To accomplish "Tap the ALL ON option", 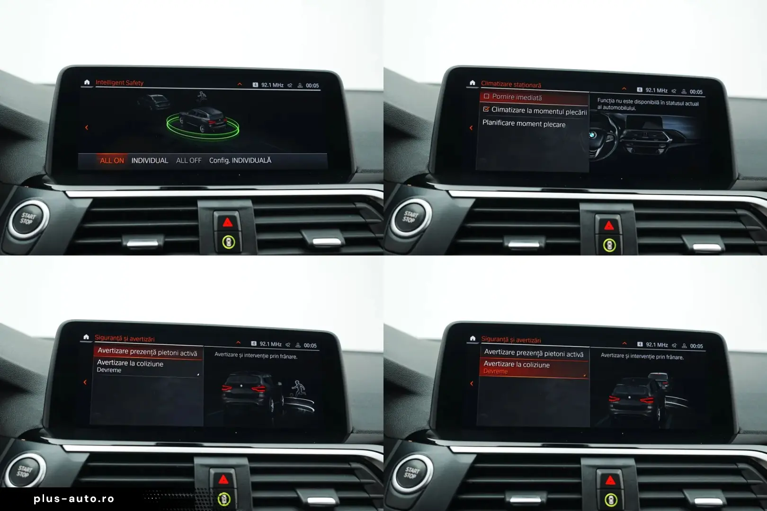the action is pyautogui.click(x=112, y=160).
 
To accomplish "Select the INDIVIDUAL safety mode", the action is pyautogui.click(x=150, y=160).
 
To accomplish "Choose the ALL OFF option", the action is pyautogui.click(x=188, y=160).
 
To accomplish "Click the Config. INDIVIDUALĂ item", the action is pyautogui.click(x=240, y=160).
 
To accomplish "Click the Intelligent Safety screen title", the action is pyautogui.click(x=119, y=82).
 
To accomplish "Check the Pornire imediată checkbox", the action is pyautogui.click(x=486, y=96).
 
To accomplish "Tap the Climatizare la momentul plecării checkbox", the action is pyautogui.click(x=486, y=109).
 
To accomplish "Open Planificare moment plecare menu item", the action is pyautogui.click(x=524, y=123).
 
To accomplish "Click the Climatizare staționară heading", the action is pyautogui.click(x=511, y=84).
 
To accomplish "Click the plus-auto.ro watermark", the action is pyautogui.click(x=74, y=499).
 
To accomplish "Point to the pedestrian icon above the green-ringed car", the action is pyautogui.click(x=202, y=97).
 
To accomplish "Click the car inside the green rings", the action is pyautogui.click(x=203, y=119).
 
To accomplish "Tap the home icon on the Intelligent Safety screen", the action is pyautogui.click(x=87, y=82).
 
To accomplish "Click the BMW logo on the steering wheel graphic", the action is pyautogui.click(x=592, y=135).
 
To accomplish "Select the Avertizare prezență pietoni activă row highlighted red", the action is pyautogui.click(x=147, y=352).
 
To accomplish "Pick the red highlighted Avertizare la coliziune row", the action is pyautogui.click(x=534, y=368).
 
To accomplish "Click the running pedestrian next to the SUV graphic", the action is pyautogui.click(x=298, y=389).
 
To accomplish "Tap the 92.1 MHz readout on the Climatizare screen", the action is pyautogui.click(x=656, y=90).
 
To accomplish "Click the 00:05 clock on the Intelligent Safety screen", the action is pyautogui.click(x=312, y=86).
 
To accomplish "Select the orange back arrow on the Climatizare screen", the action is pyautogui.click(x=471, y=128).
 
